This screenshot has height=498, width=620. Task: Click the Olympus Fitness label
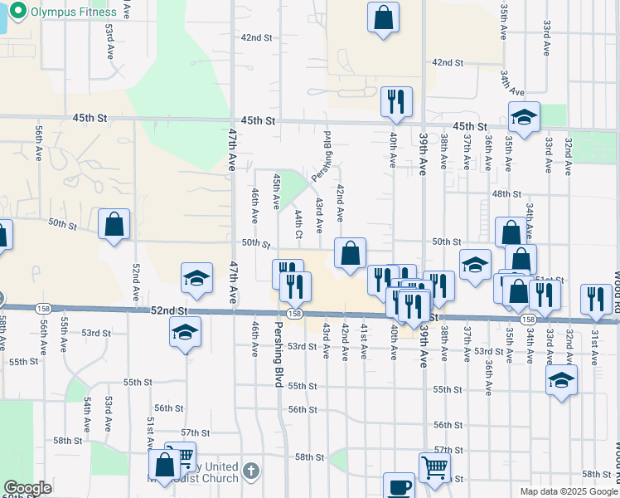click(64, 12)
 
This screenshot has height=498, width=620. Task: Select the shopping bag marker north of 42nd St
click(383, 18)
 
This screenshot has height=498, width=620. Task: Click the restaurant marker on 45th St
click(396, 102)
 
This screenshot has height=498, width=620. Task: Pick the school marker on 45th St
click(524, 118)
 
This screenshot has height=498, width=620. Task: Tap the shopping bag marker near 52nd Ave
click(114, 225)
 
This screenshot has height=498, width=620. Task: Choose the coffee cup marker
click(400, 486)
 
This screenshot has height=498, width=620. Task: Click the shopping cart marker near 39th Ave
click(434, 468)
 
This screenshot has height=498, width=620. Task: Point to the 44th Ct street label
click(298, 222)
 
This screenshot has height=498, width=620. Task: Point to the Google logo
click(28, 488)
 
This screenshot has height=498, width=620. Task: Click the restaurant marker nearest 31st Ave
click(596, 300)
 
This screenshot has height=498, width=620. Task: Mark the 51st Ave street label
click(150, 432)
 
